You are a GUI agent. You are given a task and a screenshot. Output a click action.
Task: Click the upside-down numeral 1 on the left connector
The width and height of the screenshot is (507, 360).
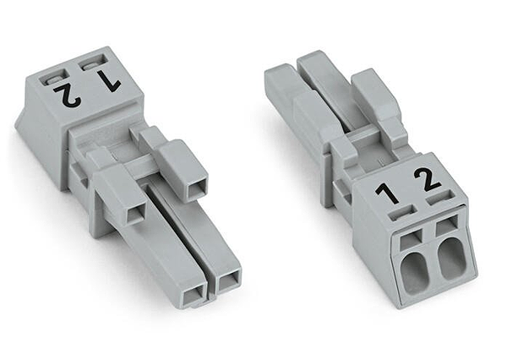[110, 81]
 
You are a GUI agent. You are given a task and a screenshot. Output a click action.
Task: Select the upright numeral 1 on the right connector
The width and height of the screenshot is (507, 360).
[387, 194]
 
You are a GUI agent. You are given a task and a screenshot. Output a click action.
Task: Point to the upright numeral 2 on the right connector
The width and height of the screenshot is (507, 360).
[428, 182]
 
